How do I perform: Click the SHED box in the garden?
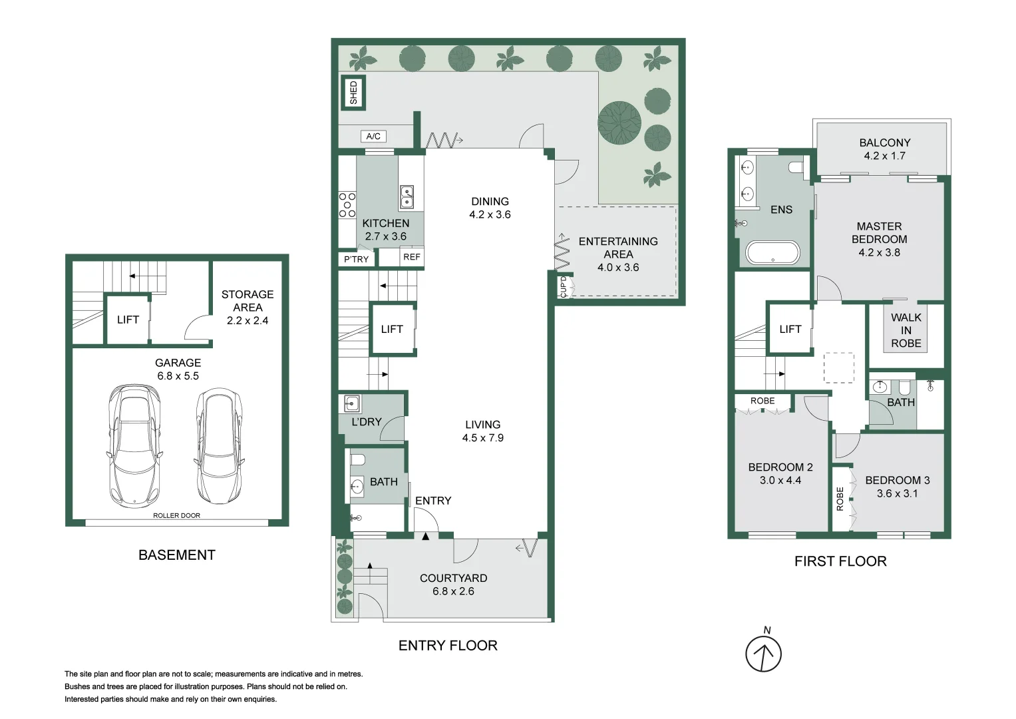click(353, 92)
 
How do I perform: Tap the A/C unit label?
click(373, 136)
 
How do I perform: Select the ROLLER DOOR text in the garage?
click(176, 515)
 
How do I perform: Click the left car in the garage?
click(135, 444)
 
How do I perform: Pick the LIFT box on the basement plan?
click(128, 320)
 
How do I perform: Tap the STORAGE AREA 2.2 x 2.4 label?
click(248, 307)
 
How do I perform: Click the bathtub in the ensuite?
click(772, 253)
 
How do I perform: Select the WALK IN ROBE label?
click(906, 330)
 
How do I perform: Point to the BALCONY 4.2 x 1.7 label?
click(884, 149)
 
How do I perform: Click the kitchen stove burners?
click(347, 204)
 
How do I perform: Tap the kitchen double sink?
click(407, 197)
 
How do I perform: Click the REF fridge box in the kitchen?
click(412, 257)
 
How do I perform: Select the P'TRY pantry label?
click(356, 259)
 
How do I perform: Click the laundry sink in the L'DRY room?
click(352, 403)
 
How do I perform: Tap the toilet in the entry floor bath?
click(358, 459)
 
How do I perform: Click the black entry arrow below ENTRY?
click(425, 536)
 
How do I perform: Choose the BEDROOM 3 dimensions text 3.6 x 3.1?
click(897, 493)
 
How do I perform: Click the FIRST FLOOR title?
click(840, 561)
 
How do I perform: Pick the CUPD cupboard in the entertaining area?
click(563, 287)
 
